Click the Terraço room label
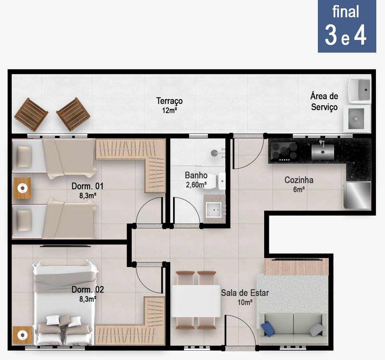(x=169, y=101)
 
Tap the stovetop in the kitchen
(x=284, y=152)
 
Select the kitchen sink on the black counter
(x=323, y=151)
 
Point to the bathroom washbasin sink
(x=214, y=210)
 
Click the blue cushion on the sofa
(x=268, y=329)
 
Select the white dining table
(x=196, y=301)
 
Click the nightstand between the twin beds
(x=22, y=188)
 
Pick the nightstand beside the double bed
(x=22, y=335)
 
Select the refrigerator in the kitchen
(x=357, y=195)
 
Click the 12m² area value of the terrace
(x=169, y=110)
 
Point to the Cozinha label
(x=299, y=180)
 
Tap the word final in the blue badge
(x=346, y=12)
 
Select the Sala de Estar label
(x=245, y=293)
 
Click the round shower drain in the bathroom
(x=214, y=153)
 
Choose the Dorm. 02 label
(x=88, y=290)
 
